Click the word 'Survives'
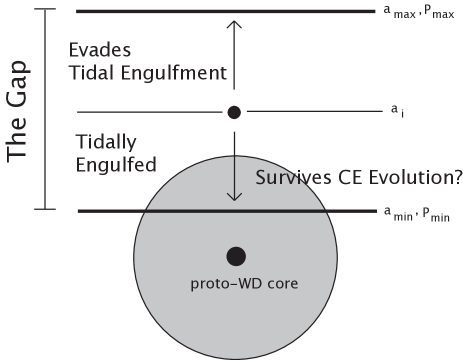[x=295, y=178]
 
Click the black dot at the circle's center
[x=235, y=256]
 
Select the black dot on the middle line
[x=235, y=112]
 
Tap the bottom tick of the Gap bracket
[x=45, y=209]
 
